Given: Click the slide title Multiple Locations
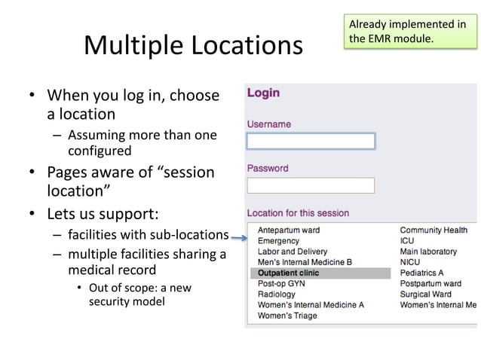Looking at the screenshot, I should click(x=192, y=46).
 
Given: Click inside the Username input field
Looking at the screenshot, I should click(x=311, y=141).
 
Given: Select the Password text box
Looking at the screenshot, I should click(x=311, y=185).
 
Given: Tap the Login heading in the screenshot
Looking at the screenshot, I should click(x=263, y=93).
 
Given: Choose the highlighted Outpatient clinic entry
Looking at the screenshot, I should click(x=288, y=273).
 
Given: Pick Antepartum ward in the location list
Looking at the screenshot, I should click(x=289, y=230).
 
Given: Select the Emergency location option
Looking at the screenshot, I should click(x=278, y=240).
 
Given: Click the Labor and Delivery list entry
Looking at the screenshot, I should click(x=293, y=252).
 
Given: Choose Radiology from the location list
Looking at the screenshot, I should click(x=277, y=294).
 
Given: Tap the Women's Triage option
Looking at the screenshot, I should click(x=287, y=316).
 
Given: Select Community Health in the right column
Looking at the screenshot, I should click(x=434, y=230).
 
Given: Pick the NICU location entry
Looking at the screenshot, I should click(x=410, y=262).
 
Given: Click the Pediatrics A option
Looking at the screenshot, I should click(x=421, y=273).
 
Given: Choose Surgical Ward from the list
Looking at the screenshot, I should click(x=425, y=294).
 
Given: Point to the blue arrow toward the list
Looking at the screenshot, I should click(x=239, y=239).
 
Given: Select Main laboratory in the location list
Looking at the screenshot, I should click(x=428, y=252).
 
